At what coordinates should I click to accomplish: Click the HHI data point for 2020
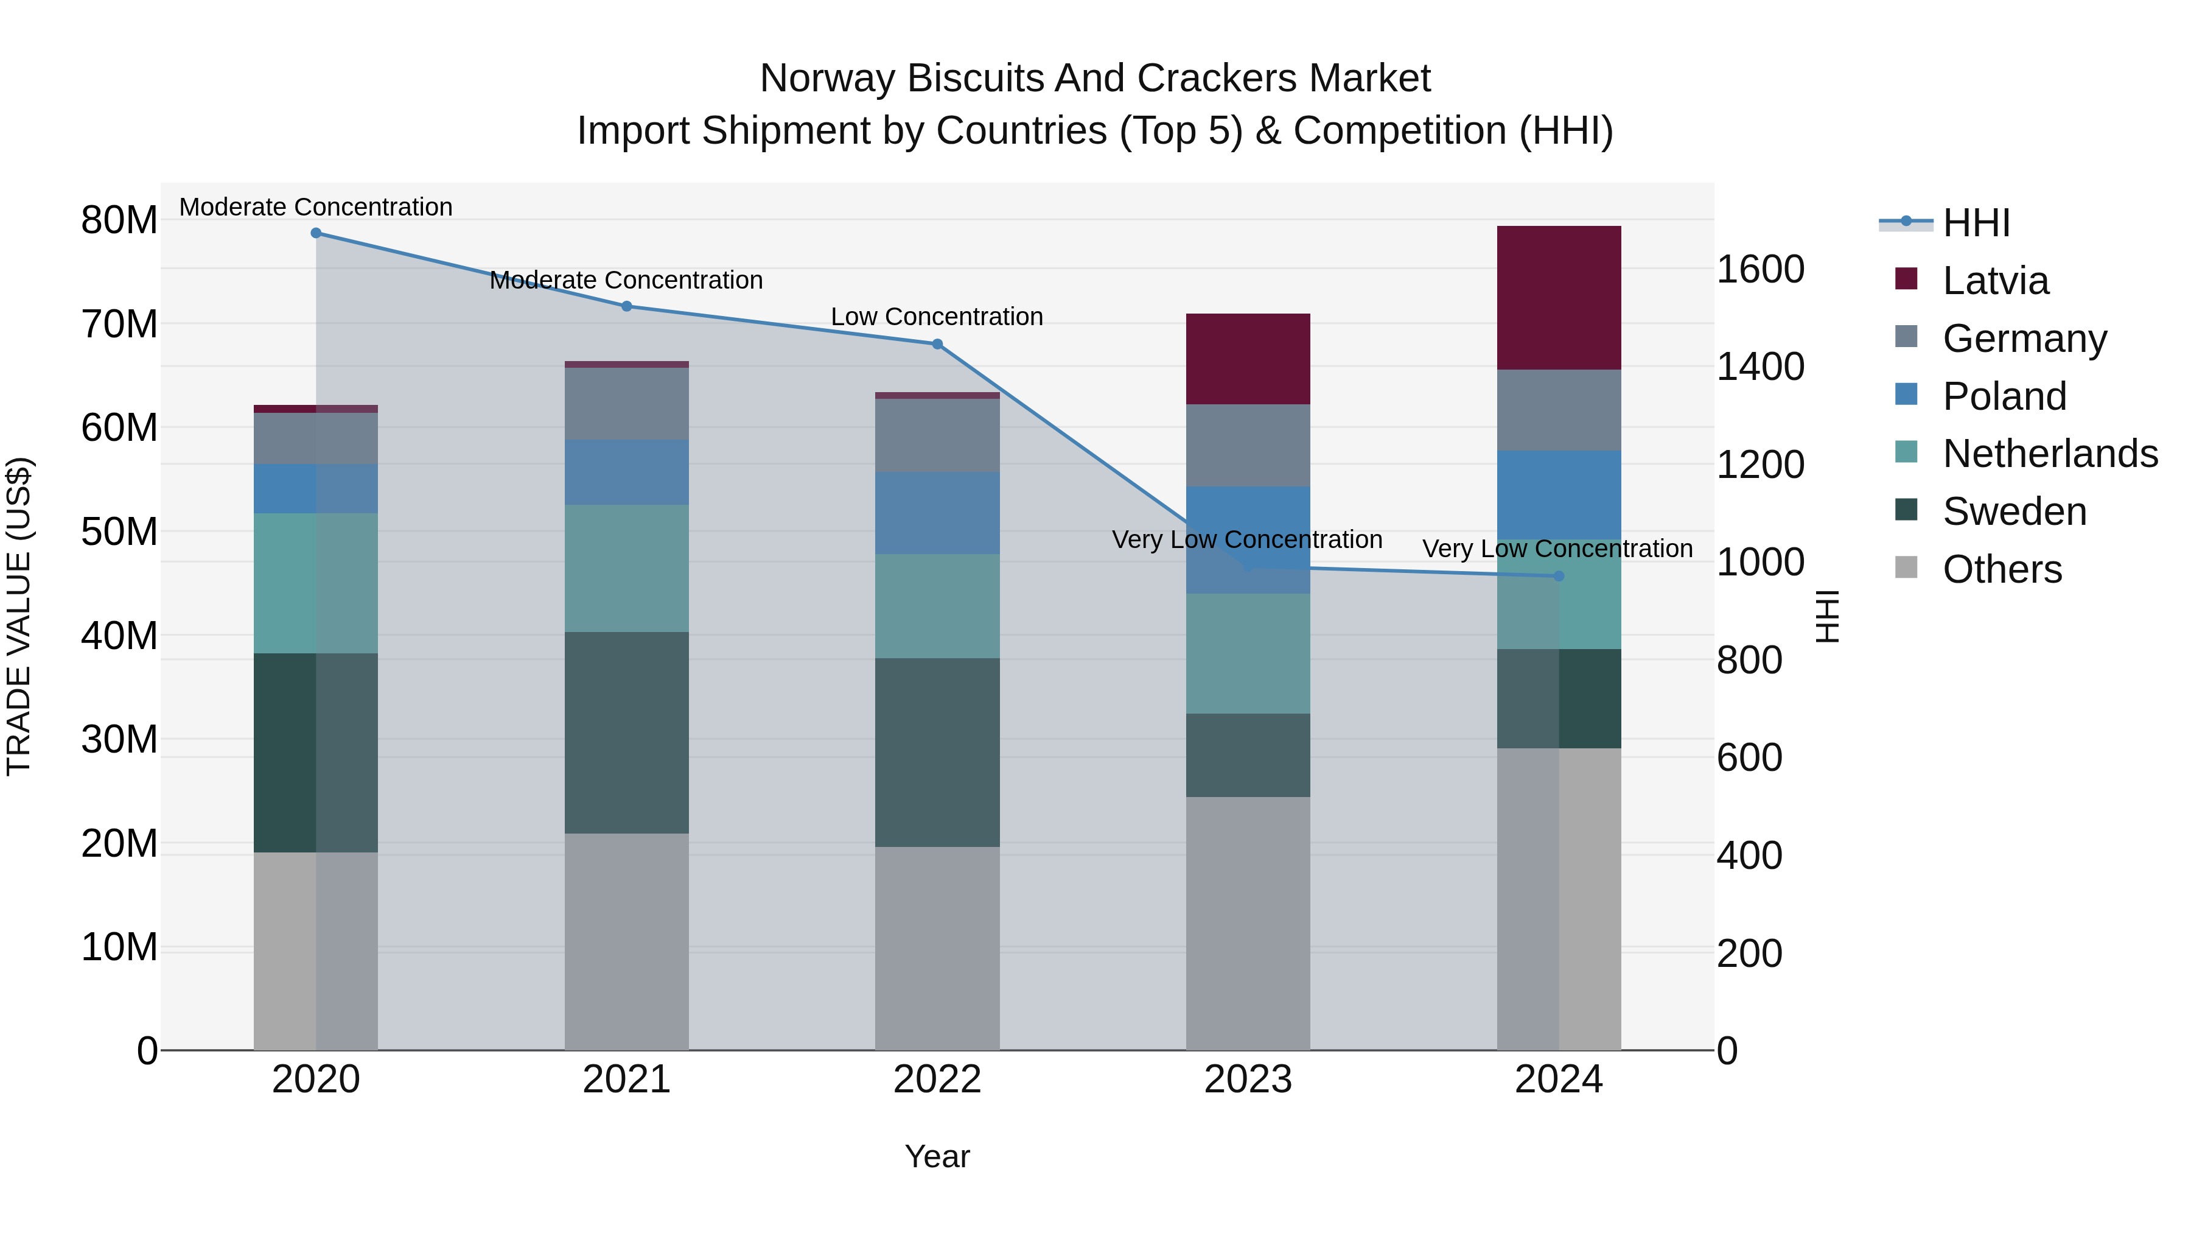click(x=315, y=233)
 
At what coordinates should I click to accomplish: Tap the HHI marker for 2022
click(x=937, y=345)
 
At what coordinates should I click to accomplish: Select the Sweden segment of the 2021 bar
click(x=627, y=732)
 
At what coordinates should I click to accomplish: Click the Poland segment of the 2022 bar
click(x=937, y=513)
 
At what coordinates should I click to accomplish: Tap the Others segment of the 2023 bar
click(x=1248, y=923)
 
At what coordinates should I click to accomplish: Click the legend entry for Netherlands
click(x=2050, y=454)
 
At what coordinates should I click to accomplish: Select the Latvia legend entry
click(x=1996, y=281)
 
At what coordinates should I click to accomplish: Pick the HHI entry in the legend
click(x=1976, y=223)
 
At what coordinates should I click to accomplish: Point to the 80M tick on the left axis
click(x=119, y=220)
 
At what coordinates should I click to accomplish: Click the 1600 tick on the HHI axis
click(x=1759, y=270)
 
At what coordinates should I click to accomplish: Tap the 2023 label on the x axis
click(x=1248, y=1080)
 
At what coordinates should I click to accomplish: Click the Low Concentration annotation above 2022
click(x=937, y=317)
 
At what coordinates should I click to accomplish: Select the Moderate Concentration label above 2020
click(x=315, y=207)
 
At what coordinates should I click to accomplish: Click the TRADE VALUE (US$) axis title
click(x=19, y=616)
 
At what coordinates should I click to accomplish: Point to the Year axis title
click(x=937, y=1156)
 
